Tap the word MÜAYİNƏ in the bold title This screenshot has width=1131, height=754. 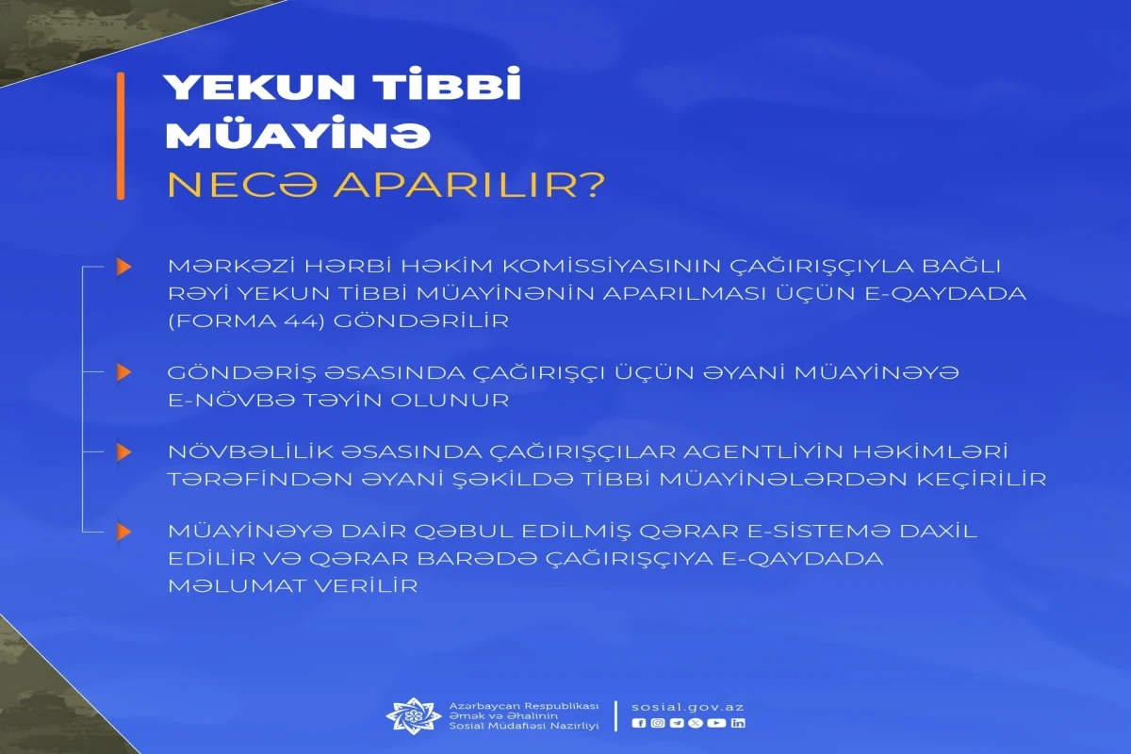click(x=299, y=135)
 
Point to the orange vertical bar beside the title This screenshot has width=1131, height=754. click(x=121, y=136)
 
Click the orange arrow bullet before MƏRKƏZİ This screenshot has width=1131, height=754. click(x=123, y=266)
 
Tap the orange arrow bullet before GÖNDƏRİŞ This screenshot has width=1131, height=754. click(x=123, y=372)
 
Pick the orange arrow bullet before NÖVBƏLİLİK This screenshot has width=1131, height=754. click(x=123, y=452)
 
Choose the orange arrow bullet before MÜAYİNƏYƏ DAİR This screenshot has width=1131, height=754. click(x=123, y=532)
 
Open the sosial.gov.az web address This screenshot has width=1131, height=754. click(x=688, y=707)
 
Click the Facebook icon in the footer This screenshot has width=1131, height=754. click(x=639, y=723)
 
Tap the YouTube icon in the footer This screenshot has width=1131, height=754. click(x=716, y=723)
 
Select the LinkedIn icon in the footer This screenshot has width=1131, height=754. click(x=738, y=723)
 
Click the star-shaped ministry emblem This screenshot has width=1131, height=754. click(x=414, y=715)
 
